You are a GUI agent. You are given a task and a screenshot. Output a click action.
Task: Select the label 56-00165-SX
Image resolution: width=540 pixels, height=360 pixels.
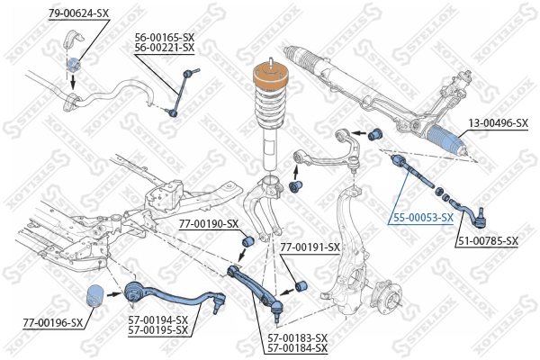pos(165,37)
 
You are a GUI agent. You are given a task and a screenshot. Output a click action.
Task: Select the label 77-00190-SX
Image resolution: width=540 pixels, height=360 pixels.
pos(208,223)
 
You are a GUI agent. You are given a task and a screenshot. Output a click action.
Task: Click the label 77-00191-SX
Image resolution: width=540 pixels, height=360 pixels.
pos(310,247)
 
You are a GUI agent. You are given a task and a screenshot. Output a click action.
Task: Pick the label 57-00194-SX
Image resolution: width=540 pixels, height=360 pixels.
pos(158,319)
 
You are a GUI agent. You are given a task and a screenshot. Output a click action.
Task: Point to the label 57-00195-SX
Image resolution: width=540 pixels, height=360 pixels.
pos(158,330)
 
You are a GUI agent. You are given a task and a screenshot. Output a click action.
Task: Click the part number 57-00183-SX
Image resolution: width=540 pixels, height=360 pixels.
pos(297,337)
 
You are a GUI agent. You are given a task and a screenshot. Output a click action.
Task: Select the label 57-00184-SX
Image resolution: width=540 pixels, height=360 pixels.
pos(297,348)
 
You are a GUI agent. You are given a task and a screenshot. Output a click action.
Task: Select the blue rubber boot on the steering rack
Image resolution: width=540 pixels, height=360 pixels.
pos(448,139)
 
